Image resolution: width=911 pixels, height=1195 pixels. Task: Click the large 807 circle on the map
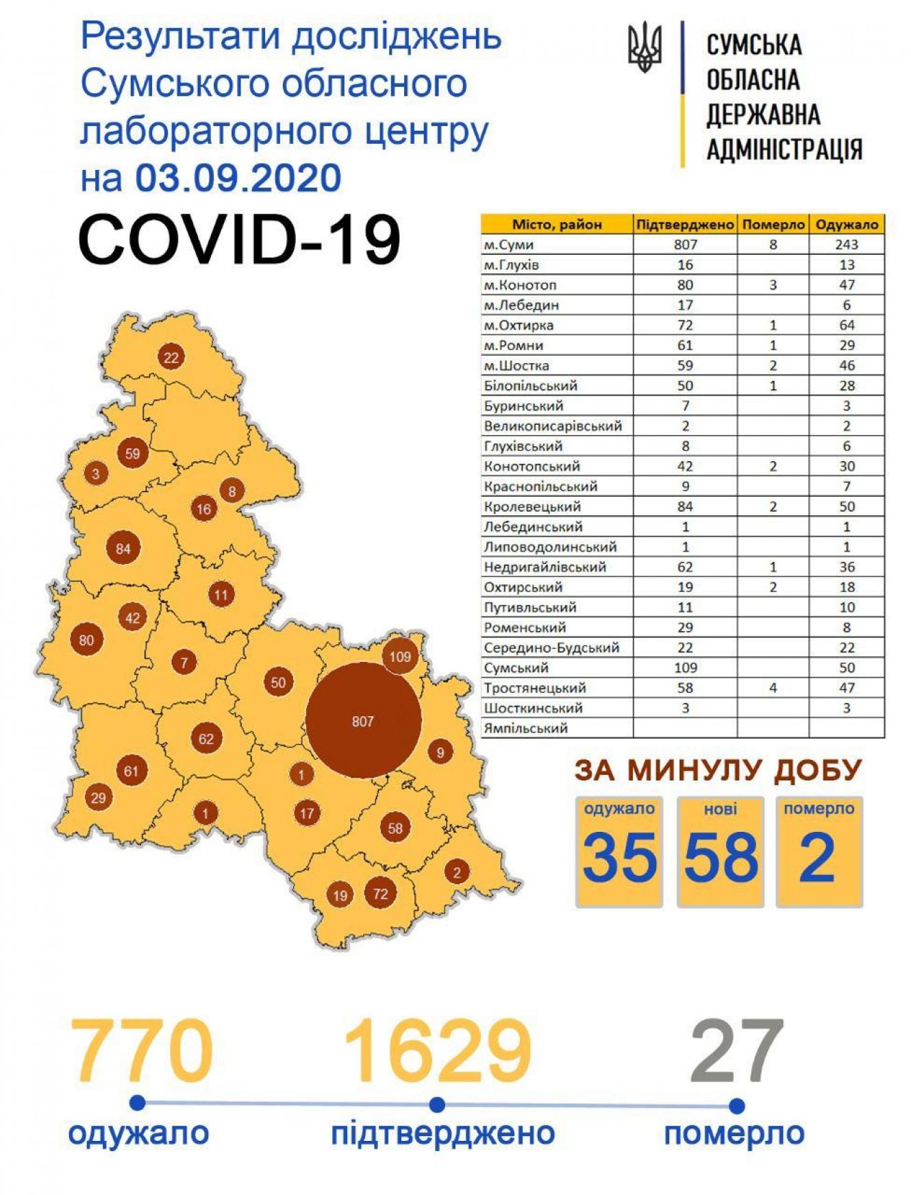click(362, 720)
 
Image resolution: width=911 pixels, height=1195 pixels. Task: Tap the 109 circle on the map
click(400, 656)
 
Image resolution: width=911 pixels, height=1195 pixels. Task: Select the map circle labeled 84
click(123, 548)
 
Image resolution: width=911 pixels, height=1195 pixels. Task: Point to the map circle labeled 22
click(171, 357)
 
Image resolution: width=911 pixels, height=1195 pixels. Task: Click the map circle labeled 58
click(395, 828)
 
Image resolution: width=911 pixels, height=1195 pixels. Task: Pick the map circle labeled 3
click(96, 473)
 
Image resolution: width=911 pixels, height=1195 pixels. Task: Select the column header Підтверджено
click(685, 225)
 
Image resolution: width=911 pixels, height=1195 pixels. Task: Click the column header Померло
click(773, 225)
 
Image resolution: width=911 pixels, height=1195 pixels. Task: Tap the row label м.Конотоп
click(520, 285)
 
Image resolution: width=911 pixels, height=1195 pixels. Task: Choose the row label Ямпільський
click(525, 728)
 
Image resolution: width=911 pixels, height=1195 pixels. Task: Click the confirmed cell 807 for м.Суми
click(685, 245)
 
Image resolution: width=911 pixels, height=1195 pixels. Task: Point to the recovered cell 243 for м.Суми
click(847, 245)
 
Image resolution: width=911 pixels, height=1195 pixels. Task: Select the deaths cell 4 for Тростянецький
click(773, 688)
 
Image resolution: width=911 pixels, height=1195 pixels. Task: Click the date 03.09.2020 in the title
click(238, 177)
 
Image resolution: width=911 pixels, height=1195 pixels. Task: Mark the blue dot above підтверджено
click(437, 1105)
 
